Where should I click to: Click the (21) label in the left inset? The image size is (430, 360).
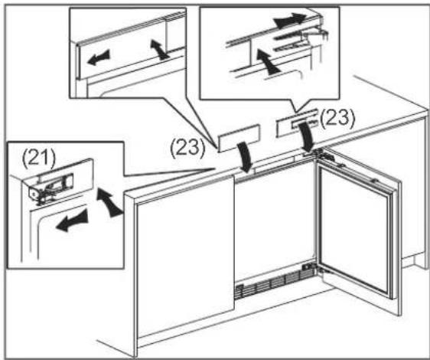click(39, 159)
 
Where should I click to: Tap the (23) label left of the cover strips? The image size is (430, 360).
click(187, 149)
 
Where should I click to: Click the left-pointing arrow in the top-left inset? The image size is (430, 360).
click(99, 57)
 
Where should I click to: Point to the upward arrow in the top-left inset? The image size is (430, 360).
click(158, 49)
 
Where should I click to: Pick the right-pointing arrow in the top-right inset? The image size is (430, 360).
click(289, 20)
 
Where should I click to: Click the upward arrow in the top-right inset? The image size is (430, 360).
click(266, 62)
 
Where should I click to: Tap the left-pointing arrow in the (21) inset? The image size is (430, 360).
click(72, 221)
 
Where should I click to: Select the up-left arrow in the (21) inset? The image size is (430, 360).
click(109, 202)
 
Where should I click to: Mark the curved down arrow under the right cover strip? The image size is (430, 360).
click(307, 136)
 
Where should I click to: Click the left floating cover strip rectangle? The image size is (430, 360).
click(239, 138)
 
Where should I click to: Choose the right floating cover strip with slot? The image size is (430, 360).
click(298, 123)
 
